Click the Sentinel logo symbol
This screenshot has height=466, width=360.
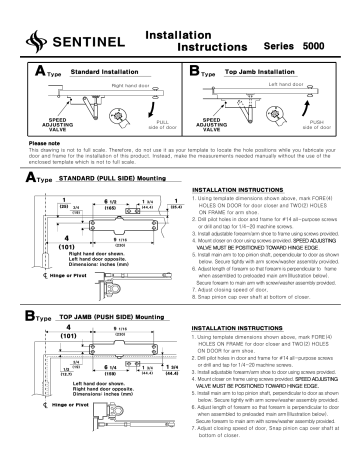38,40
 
